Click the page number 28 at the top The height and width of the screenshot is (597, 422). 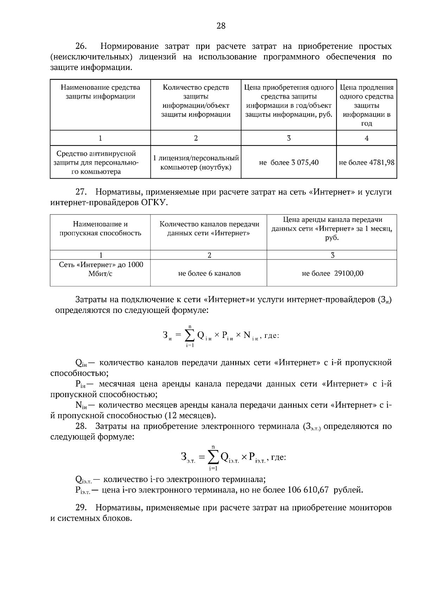(x=221, y=26)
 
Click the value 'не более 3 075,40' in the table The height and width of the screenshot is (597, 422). (x=289, y=162)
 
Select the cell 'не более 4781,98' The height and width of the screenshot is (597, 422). (x=366, y=162)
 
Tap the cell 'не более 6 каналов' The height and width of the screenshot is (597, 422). (x=209, y=273)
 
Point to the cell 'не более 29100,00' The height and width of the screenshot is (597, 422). (x=332, y=273)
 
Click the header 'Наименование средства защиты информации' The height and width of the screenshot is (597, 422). (x=100, y=92)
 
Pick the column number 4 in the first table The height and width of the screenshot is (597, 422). (x=366, y=138)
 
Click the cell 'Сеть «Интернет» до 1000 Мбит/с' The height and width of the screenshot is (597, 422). (x=101, y=269)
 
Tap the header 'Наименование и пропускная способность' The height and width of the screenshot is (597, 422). (x=100, y=229)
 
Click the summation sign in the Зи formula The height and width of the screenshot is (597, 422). (x=190, y=336)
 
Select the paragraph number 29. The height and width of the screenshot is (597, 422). (x=81, y=508)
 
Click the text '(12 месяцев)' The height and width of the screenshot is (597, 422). (x=190, y=416)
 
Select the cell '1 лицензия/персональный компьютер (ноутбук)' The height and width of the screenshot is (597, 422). (x=196, y=162)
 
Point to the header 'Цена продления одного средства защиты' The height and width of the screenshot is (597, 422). (x=366, y=105)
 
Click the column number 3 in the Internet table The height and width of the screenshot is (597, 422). (x=332, y=255)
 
